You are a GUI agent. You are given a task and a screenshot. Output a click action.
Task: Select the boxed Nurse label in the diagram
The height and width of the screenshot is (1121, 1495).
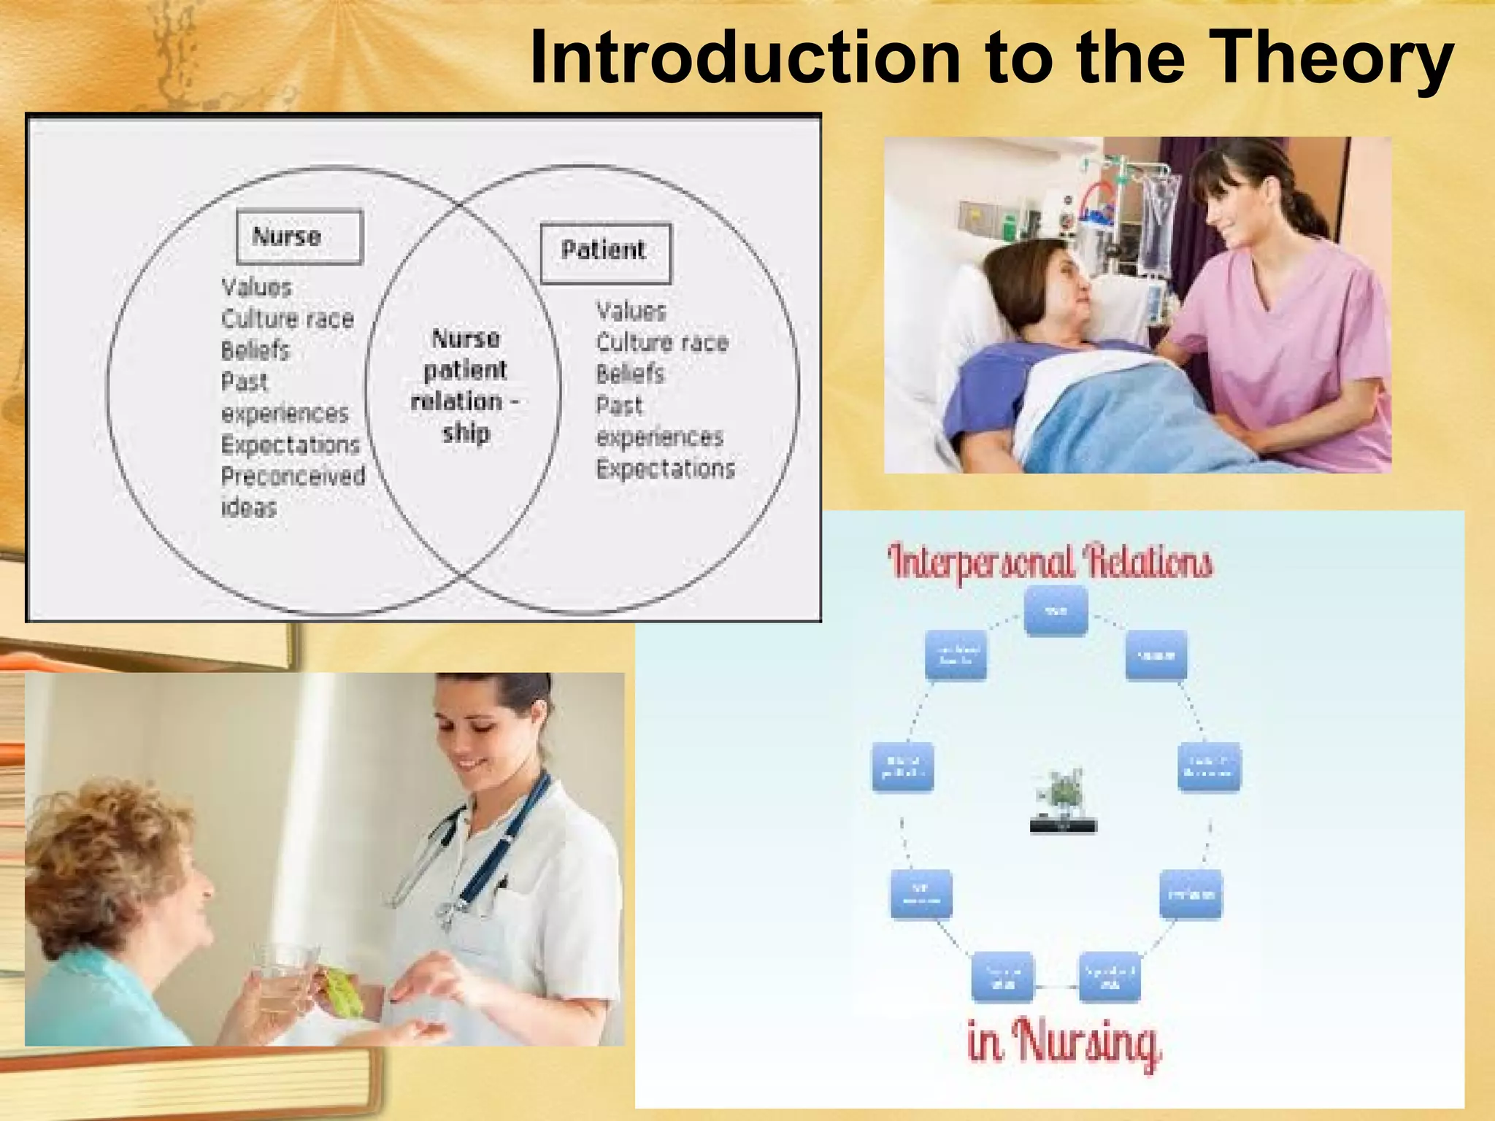(x=299, y=236)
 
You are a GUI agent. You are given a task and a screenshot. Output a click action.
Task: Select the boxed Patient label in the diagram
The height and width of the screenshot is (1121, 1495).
(x=604, y=252)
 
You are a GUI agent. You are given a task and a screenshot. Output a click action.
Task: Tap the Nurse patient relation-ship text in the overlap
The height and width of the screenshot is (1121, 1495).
(x=465, y=385)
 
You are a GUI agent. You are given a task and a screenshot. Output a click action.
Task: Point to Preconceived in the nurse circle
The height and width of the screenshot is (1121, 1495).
(x=293, y=477)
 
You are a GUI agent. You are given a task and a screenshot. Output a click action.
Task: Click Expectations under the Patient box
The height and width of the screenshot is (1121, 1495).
(x=665, y=469)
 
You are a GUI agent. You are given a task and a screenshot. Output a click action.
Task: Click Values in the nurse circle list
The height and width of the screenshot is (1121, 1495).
(x=256, y=288)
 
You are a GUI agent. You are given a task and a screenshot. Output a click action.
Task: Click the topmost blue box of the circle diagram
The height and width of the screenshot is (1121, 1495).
(x=1056, y=611)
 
